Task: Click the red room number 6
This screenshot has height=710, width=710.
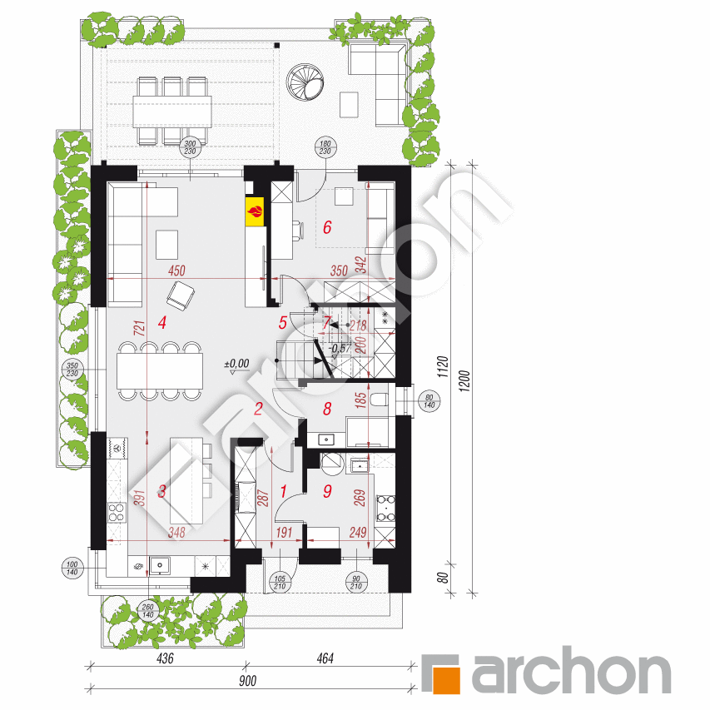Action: click(x=327, y=226)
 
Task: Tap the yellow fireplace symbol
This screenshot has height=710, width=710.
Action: click(x=256, y=212)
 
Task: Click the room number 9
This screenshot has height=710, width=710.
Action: click(x=327, y=491)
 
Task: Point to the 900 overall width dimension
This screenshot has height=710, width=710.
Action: click(x=246, y=681)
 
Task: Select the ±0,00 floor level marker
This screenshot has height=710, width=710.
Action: click(x=236, y=364)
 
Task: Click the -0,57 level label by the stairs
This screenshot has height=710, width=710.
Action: click(x=339, y=349)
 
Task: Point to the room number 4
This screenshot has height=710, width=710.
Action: click(x=162, y=323)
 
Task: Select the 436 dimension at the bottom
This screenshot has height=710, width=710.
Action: click(x=164, y=659)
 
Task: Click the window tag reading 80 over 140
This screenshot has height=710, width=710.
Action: click(x=429, y=400)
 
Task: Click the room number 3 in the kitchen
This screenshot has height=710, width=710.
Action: click(x=162, y=491)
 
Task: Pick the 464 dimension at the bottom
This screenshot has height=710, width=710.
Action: click(x=325, y=659)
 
